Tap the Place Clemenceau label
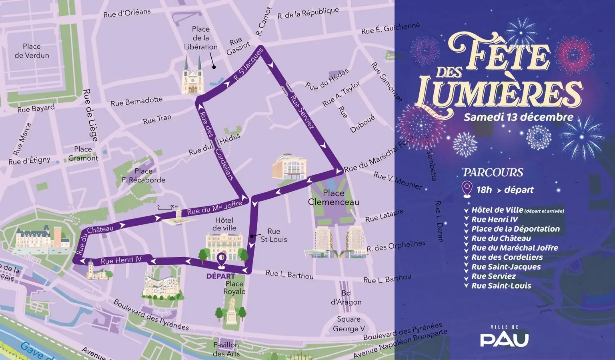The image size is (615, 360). click(333, 197)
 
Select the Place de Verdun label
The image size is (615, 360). click(32, 51)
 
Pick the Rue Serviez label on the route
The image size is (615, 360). click(302, 112)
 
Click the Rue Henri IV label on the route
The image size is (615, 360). click(121, 260)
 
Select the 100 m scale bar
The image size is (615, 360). click(168, 207)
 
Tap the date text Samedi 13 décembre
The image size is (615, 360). click(518, 117)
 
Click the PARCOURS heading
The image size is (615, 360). click(493, 172)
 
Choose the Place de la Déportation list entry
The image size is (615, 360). click(515, 229)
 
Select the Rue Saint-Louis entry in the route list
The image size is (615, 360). click(501, 286)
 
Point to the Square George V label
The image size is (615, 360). click(349, 324)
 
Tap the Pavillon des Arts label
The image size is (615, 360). click(226, 349)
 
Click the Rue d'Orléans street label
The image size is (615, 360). click(127, 13)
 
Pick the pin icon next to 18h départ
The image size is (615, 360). click(467, 190)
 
